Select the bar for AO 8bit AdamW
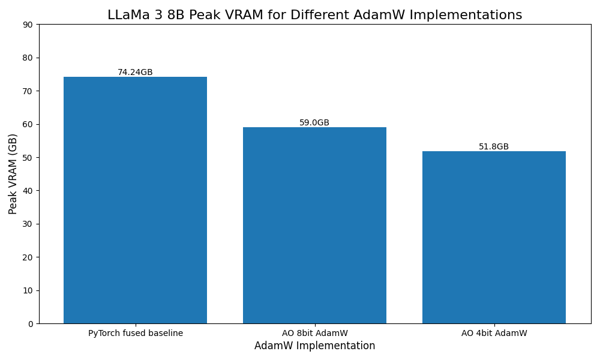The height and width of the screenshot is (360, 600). [x=314, y=225]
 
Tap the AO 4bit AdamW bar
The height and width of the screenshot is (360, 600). [x=494, y=237]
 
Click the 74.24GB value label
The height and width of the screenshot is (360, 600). [x=135, y=72]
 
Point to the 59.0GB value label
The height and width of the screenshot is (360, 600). [x=314, y=122]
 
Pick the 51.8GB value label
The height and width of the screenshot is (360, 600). [x=494, y=146]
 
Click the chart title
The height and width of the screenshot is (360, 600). [x=314, y=15]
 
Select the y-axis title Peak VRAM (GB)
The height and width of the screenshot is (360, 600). [x=13, y=173]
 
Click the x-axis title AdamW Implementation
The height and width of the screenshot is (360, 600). [x=314, y=346]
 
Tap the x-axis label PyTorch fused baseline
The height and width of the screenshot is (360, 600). [x=136, y=333]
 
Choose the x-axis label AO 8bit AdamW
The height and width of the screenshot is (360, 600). [x=314, y=333]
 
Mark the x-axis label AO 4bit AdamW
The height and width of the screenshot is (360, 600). [x=494, y=333]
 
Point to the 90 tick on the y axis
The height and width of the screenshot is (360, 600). [x=28, y=25]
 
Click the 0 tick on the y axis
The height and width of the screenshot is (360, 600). [x=31, y=324]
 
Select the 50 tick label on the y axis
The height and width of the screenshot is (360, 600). [x=28, y=158]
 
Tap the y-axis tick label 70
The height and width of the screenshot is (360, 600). [x=28, y=91]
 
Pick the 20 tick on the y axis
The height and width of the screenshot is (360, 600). [x=28, y=257]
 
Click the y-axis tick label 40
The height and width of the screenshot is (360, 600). [x=28, y=191]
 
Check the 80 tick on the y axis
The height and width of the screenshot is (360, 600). [x=28, y=58]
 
